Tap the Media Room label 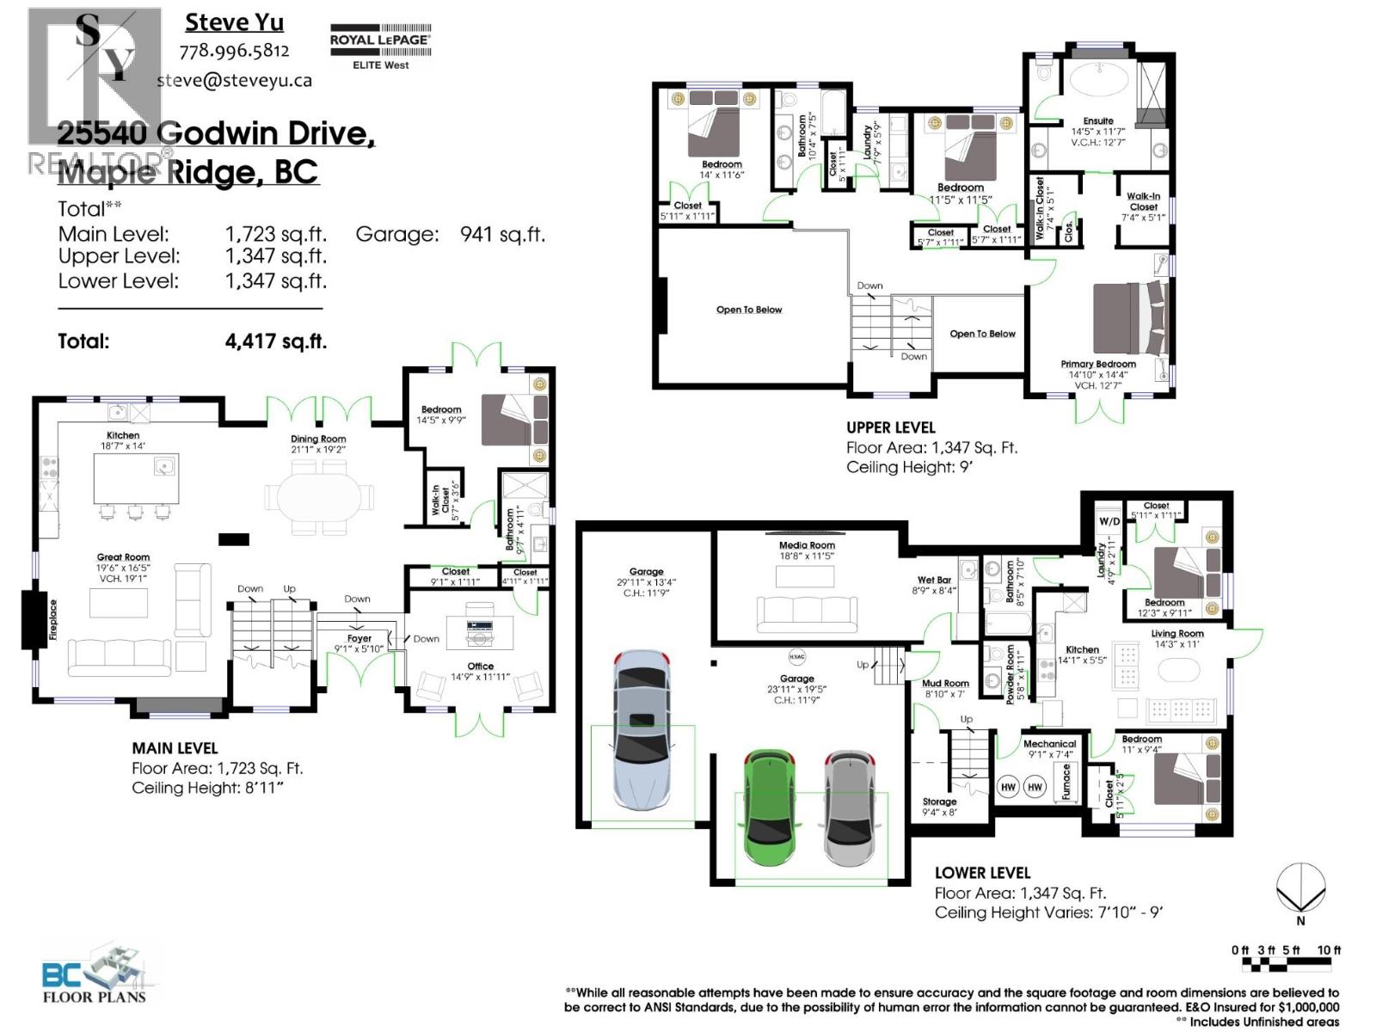pos(807,545)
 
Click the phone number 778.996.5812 pos(234,52)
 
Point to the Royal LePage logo pos(380,46)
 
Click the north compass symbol pos(1300,888)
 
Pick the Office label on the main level pos(480,666)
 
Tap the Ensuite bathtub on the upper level pos(1098,80)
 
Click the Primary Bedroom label pos(1098,364)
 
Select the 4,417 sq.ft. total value pos(275,341)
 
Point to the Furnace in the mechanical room pos(1066,783)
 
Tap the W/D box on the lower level pos(1109,521)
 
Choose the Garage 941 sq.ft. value pos(502,234)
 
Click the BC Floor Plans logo pos(95,976)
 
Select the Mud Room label pos(945,684)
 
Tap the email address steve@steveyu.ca pos(234,81)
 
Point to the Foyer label pos(359,639)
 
